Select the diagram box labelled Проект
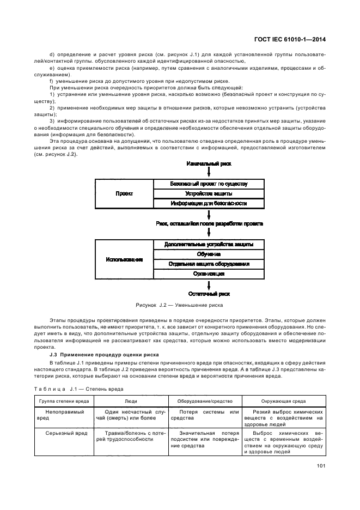tap(125, 193)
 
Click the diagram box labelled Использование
tap(125, 259)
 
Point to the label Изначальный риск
tap(209, 163)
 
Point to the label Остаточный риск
tap(209, 293)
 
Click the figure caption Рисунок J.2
tap(180, 305)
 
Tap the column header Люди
tap(131, 400)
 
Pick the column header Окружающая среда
tap(284, 400)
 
